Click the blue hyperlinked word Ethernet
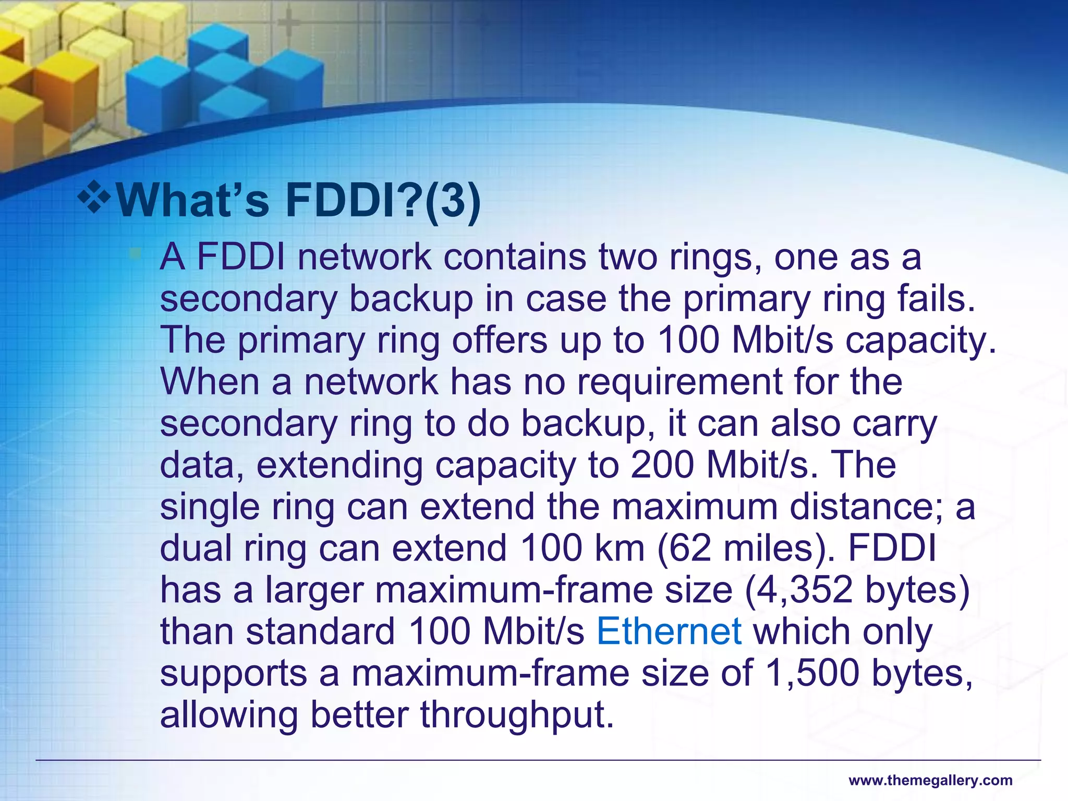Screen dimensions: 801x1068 (669, 632)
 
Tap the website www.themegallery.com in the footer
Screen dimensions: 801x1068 (930, 781)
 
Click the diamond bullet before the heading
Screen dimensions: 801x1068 (94, 198)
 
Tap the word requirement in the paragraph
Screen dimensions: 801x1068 (679, 382)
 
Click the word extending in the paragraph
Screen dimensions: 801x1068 (340, 466)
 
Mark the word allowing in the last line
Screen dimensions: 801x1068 (229, 715)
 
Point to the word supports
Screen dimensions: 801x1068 (234, 674)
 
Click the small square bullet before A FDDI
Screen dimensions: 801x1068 (136, 254)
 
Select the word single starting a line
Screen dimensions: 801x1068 (210, 507)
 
